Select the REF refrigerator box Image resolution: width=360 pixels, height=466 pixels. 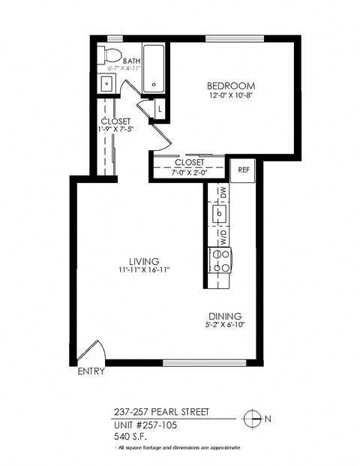click(243, 170)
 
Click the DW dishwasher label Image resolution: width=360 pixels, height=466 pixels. click(223, 194)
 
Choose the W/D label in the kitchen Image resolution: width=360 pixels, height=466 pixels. click(223, 237)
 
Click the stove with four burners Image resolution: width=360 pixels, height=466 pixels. click(221, 260)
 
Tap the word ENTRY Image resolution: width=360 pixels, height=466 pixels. click(91, 371)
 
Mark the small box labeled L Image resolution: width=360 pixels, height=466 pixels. click(159, 110)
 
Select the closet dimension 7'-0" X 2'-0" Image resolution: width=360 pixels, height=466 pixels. click(189, 173)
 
